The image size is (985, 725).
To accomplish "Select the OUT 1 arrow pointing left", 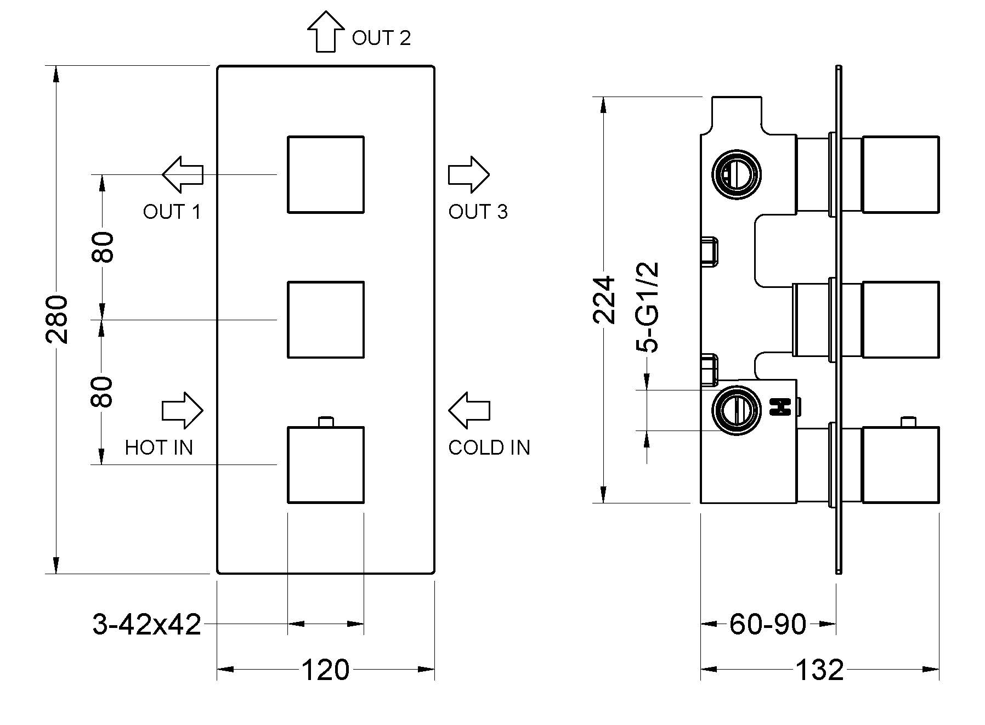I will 183,174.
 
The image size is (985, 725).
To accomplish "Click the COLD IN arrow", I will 469,410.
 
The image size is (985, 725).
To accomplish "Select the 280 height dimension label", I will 56,320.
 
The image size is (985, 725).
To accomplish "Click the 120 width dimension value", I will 325,670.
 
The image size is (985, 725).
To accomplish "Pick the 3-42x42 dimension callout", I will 147,624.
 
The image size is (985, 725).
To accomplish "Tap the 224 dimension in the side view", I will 604,301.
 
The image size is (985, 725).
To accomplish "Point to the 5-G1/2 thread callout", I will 647,307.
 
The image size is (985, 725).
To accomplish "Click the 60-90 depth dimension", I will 768,624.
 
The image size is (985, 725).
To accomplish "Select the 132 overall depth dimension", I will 819,670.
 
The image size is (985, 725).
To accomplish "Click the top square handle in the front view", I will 326,174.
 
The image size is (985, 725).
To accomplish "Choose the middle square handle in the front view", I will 326,320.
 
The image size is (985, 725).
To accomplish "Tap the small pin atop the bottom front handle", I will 326,422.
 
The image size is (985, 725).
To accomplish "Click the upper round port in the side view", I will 736,174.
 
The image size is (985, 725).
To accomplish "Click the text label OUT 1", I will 172,212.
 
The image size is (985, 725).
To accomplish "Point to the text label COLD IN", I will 489,448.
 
